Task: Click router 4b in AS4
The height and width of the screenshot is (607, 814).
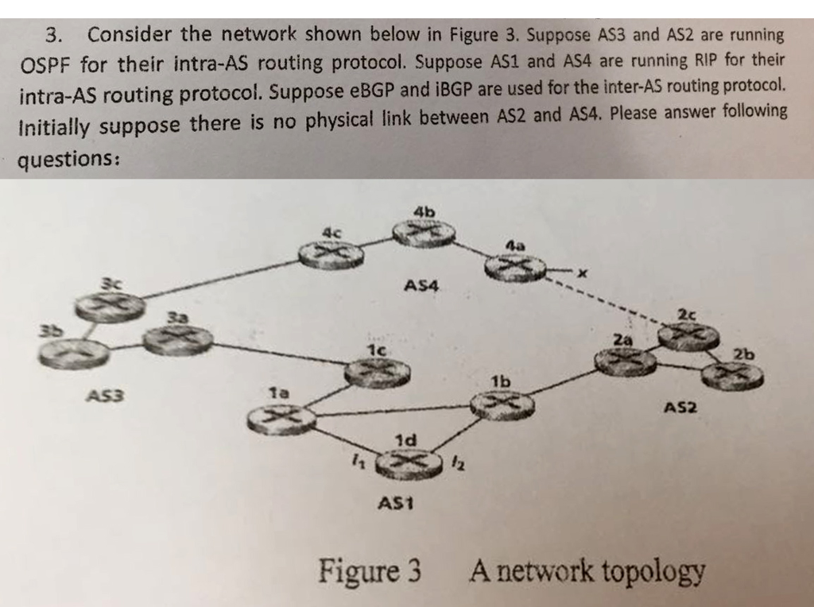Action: point(424,231)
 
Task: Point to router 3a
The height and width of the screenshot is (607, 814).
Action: point(177,340)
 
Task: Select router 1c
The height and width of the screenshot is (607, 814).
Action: point(377,373)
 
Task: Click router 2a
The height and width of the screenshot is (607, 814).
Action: point(626,361)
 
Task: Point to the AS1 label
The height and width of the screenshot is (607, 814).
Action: point(397,503)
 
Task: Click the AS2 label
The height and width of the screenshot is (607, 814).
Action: point(680,408)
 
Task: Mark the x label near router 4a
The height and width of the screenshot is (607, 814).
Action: point(582,274)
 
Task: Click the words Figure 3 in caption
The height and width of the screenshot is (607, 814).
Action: point(370,570)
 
